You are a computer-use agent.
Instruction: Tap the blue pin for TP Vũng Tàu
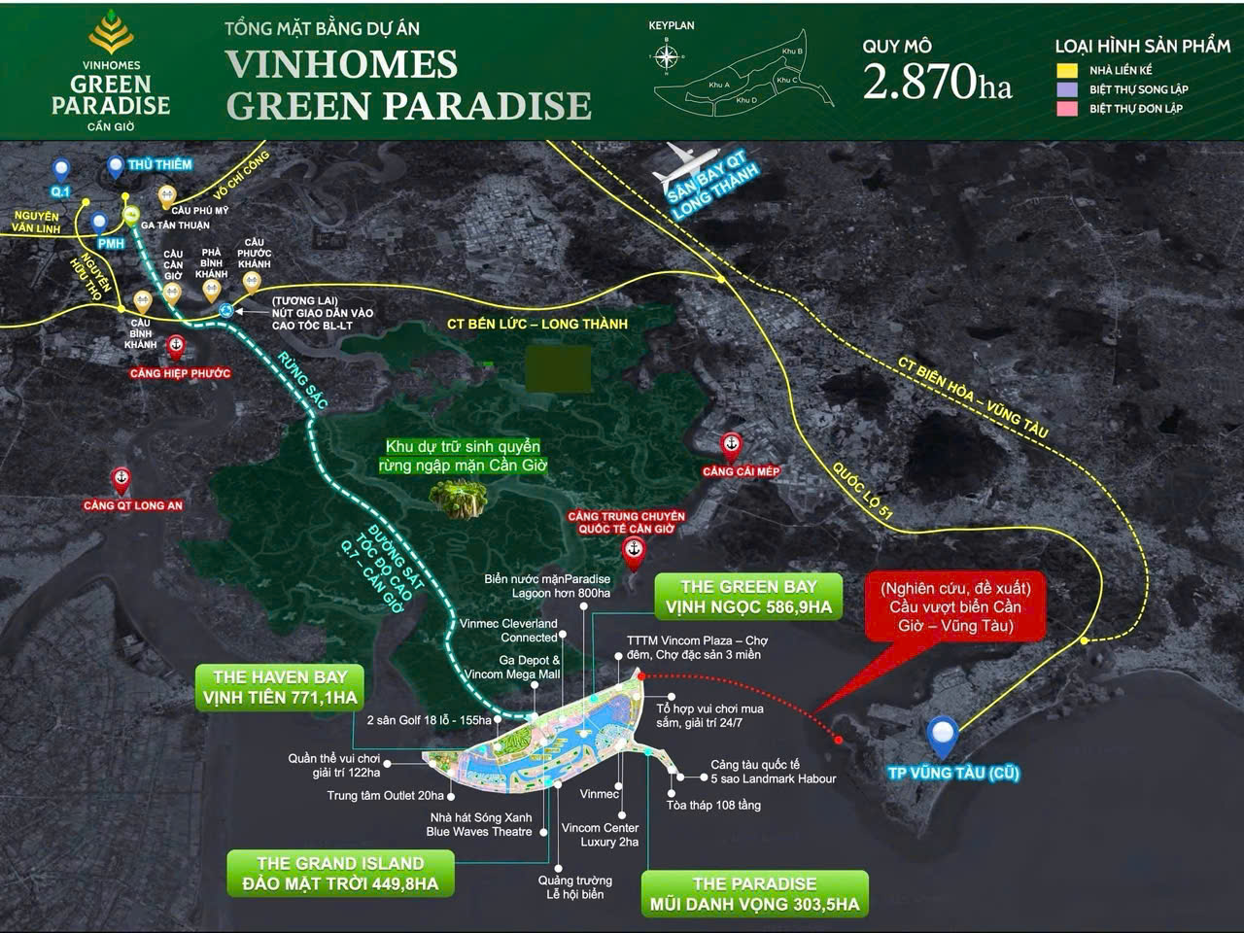pyautogui.click(x=942, y=736)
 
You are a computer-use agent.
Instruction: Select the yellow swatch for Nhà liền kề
pyautogui.click(x=1067, y=70)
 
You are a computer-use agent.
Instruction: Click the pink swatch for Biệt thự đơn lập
pyautogui.click(x=1067, y=108)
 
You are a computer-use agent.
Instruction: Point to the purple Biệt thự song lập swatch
pyautogui.click(x=1067, y=88)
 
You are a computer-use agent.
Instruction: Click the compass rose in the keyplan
pyautogui.click(x=666, y=56)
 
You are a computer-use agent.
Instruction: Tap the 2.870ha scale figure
pyautogui.click(x=937, y=82)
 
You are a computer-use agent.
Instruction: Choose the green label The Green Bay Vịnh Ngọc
pyautogui.click(x=748, y=597)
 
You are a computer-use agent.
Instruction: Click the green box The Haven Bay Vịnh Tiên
pyautogui.click(x=280, y=687)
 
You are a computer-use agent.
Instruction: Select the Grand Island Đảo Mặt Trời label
pyautogui.click(x=340, y=874)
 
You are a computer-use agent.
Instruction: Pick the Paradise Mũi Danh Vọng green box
pyautogui.click(x=754, y=894)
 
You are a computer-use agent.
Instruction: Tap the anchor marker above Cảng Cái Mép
pyautogui.click(x=730, y=445)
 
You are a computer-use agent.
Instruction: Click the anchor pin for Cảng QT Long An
pyautogui.click(x=121, y=479)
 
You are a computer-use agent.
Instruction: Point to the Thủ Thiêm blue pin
pyautogui.click(x=117, y=166)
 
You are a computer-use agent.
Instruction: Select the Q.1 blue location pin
pyautogui.click(x=61, y=170)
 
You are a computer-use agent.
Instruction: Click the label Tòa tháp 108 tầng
pyautogui.click(x=713, y=805)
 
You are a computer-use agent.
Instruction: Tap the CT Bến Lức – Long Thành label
pyautogui.click(x=536, y=324)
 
